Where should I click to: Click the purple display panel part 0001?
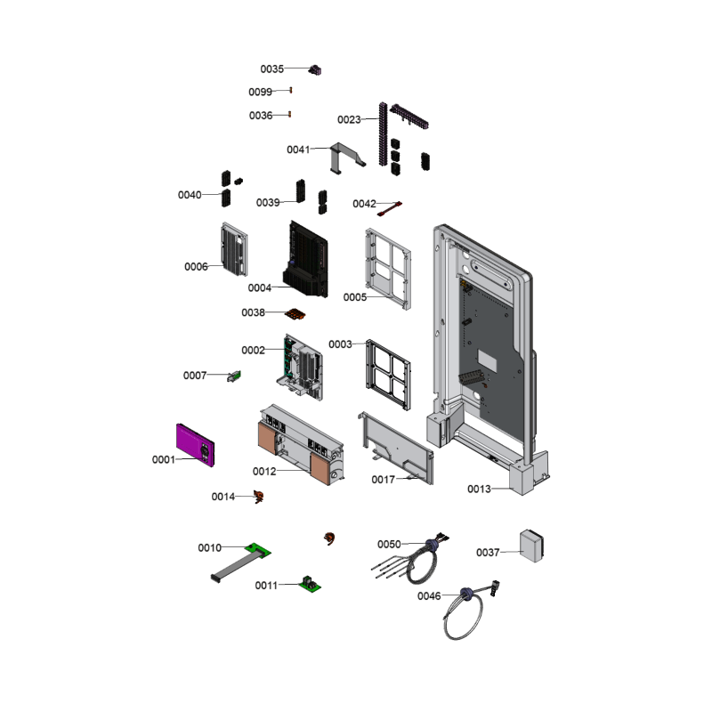[195, 445]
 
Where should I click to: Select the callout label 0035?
[272, 69]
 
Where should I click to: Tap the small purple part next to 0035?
[315, 70]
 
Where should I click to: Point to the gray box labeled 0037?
[531, 546]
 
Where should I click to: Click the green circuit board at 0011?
[310, 584]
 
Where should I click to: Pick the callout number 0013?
[479, 489]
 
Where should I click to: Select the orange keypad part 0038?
[295, 314]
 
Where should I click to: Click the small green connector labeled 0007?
[234, 376]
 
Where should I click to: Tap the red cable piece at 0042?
[390, 208]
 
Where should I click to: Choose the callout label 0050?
[389, 544]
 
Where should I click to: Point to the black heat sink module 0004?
[305, 260]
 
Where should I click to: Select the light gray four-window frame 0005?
[388, 269]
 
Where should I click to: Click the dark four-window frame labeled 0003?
[388, 375]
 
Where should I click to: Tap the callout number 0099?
[260, 93]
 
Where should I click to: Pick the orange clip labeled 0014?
[258, 497]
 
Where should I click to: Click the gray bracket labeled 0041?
[346, 158]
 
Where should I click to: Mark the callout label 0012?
[264, 472]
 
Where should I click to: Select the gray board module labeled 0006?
[234, 249]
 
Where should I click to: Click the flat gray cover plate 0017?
[396, 448]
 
